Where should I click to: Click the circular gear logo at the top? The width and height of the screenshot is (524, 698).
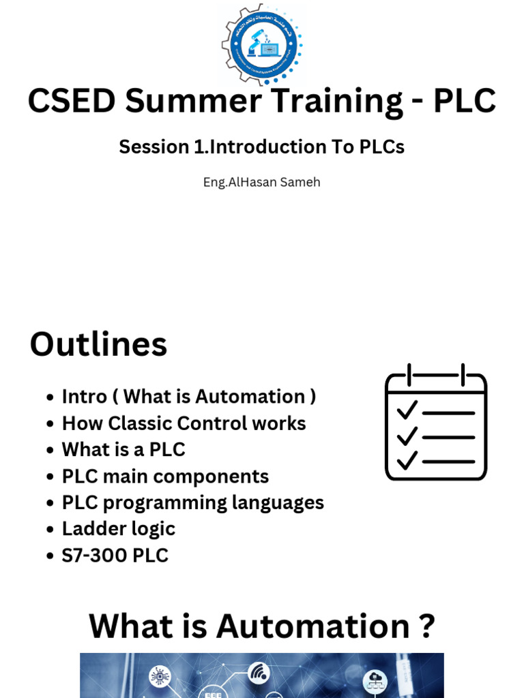click(262, 45)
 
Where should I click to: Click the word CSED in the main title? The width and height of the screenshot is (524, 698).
click(72, 101)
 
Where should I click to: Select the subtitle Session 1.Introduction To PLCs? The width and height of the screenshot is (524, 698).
click(262, 147)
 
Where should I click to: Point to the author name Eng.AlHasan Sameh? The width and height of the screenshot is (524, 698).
click(262, 183)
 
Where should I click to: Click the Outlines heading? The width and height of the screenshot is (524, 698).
click(98, 344)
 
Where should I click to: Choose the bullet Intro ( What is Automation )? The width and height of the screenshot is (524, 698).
click(189, 397)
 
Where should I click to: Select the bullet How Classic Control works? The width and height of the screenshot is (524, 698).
click(184, 423)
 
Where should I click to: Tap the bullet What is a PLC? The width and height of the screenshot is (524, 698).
click(123, 450)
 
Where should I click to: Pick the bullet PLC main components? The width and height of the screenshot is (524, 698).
click(165, 476)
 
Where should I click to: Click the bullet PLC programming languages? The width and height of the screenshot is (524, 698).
click(192, 503)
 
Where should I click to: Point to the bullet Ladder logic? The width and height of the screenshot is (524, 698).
click(118, 529)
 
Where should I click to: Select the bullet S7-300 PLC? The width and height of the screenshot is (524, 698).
click(115, 556)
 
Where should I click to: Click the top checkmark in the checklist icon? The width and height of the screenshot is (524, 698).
click(407, 410)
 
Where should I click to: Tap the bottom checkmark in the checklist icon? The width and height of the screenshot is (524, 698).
click(407, 460)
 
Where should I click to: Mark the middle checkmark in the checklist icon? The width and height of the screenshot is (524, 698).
click(407, 435)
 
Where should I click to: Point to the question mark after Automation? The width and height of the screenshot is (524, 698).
click(426, 626)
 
